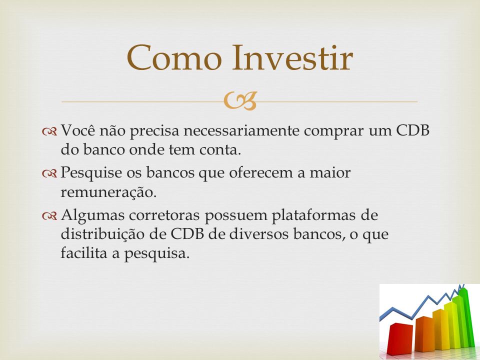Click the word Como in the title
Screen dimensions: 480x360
click(174, 57)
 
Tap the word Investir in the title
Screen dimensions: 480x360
click(292, 57)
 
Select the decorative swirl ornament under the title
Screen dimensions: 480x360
click(240, 101)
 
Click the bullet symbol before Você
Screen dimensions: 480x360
click(49, 131)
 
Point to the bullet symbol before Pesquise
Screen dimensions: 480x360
click(49, 174)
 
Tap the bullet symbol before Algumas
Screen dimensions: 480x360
click(49, 216)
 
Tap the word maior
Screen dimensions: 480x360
click(330, 172)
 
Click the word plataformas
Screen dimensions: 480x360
click(314, 216)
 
